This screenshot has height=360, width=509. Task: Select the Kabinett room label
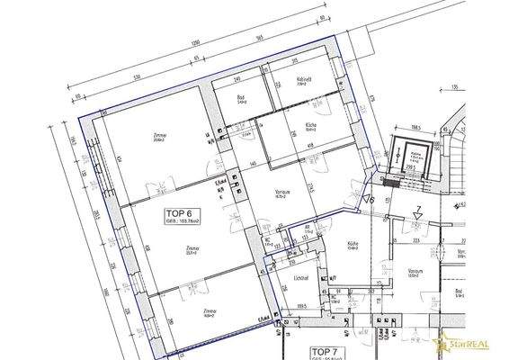[x=302, y=80]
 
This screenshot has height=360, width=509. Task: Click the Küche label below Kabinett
[x=308, y=126]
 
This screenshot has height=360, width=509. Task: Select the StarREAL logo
[x=471, y=344]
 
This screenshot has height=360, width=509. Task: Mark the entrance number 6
[x=370, y=199]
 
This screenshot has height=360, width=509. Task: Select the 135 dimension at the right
[x=454, y=88]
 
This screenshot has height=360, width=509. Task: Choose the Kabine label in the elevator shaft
[x=415, y=155]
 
